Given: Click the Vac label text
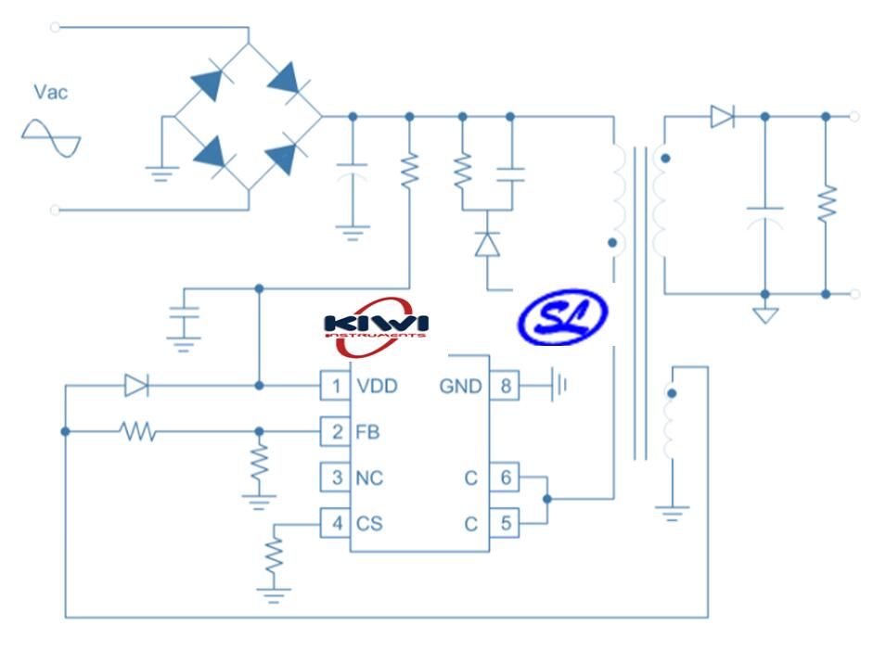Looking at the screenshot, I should (50, 92).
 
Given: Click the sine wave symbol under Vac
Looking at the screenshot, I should (51, 138).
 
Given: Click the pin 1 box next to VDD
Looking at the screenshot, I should (335, 386).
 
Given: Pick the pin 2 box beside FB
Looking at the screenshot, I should (335, 432).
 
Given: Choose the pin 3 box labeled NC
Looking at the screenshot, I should (335, 479).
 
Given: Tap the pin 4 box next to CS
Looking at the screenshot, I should (335, 524).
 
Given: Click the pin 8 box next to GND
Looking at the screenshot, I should (505, 386).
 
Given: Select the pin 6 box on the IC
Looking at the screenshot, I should (505, 479).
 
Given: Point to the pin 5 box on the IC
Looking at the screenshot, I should (505, 524).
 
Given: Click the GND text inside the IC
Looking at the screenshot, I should (460, 386).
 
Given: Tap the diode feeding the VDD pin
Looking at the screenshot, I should (136, 386).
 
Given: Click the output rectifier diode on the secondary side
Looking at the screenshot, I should (722, 117).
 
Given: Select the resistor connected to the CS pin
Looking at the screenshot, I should (274, 555).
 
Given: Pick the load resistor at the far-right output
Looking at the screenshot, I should (826, 203).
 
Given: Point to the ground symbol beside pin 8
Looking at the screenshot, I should (558, 386).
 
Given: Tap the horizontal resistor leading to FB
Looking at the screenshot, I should (137, 431).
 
